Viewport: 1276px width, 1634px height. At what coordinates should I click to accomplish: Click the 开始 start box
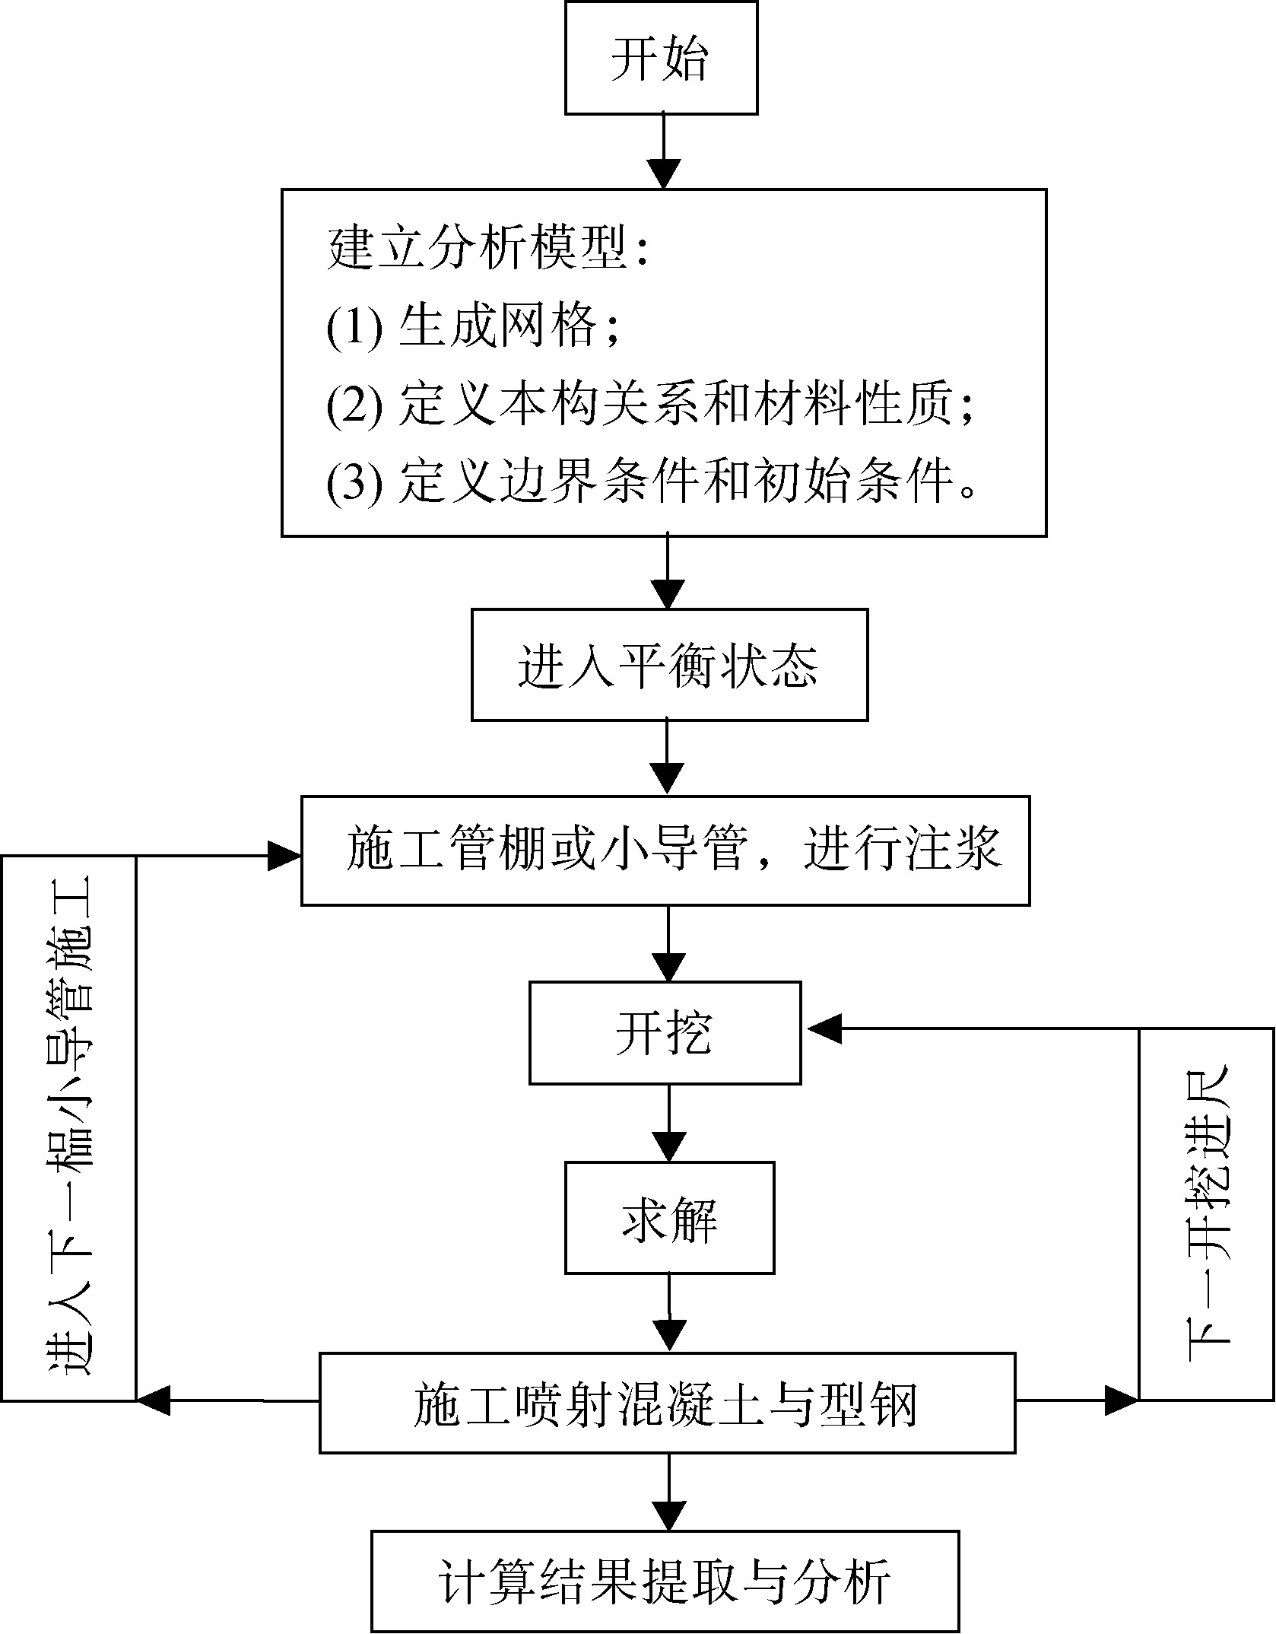tap(661, 59)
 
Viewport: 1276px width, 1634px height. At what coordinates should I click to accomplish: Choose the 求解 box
tap(668, 1218)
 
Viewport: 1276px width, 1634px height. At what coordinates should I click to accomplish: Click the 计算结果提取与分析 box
tap(665, 1581)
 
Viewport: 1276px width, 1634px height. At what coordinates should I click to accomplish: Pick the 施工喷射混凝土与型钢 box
tap(667, 1404)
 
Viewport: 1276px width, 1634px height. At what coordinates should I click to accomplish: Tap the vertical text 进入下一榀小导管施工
tap(70, 1126)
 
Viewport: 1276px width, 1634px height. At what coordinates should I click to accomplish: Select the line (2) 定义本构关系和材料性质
tap(650, 405)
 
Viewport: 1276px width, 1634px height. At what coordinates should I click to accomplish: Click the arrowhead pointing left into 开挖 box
tap(823, 1029)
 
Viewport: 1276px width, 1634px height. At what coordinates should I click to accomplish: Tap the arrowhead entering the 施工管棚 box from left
tap(284, 857)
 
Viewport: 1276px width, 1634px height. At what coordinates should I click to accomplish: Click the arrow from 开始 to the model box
tap(664, 152)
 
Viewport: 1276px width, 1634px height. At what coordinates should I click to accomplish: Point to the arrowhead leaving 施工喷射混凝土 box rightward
tap(1120, 1399)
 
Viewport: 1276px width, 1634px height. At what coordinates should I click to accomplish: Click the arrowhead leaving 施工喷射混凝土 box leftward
tap(154, 1400)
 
